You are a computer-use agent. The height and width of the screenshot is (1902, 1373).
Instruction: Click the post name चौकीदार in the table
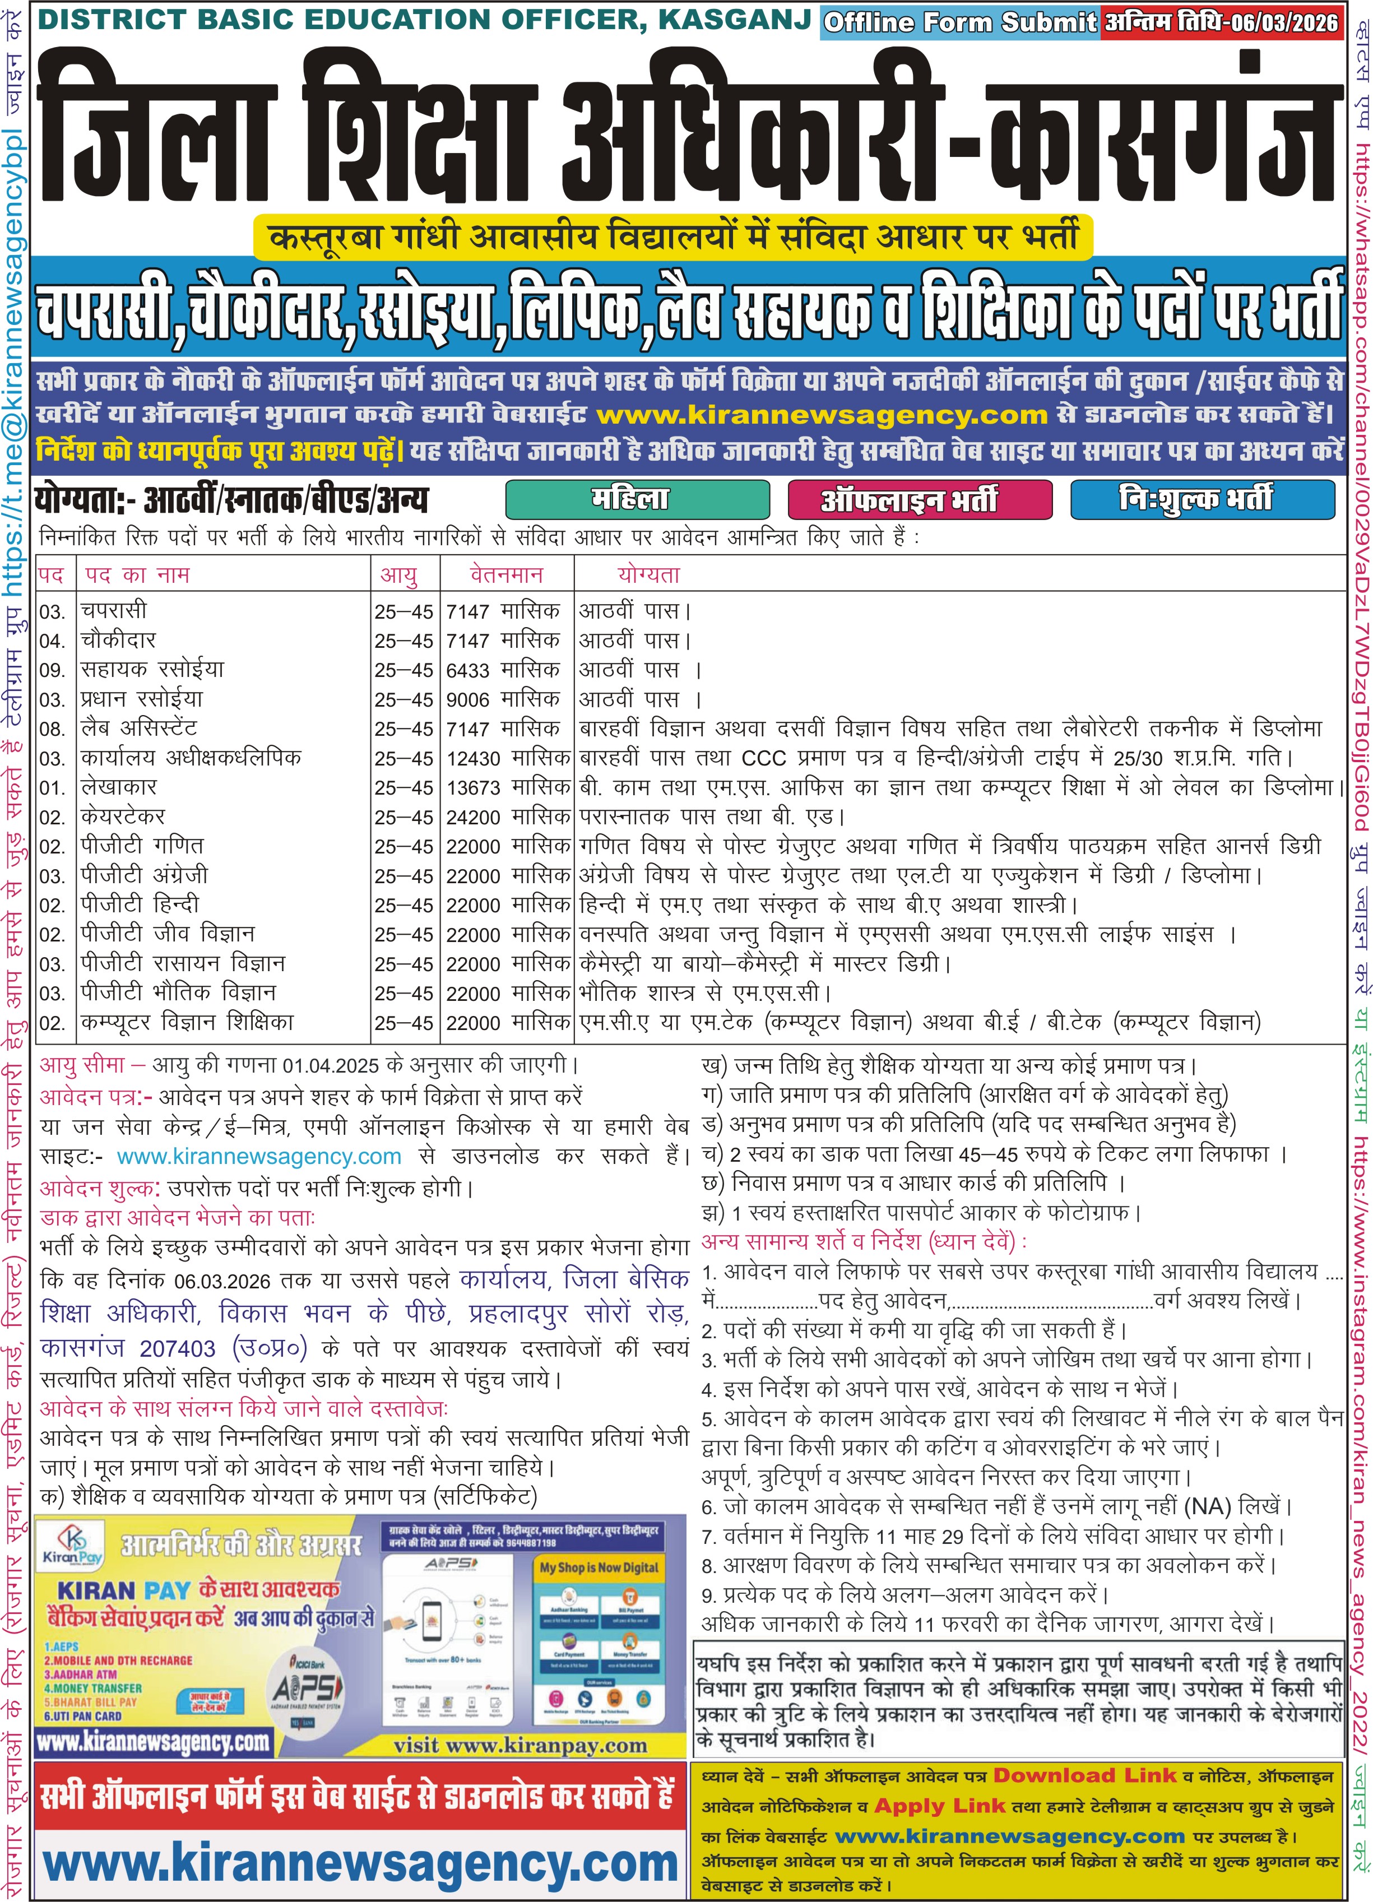(118, 641)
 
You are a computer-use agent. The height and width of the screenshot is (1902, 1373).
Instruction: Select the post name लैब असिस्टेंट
(138, 729)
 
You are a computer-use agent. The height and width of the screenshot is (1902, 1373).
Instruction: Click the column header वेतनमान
(505, 576)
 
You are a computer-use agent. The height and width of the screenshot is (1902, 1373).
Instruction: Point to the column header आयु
(398, 576)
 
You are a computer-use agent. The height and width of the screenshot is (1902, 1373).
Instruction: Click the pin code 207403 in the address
(177, 1348)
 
